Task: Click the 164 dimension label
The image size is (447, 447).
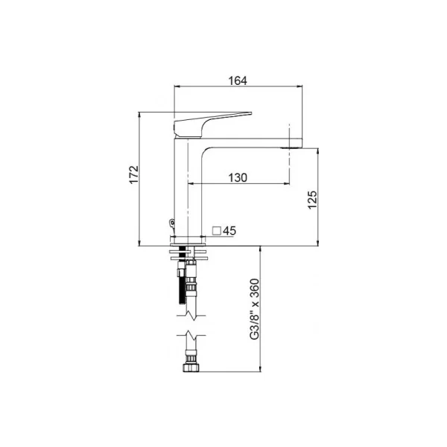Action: click(238, 80)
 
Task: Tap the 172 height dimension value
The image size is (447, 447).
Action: click(133, 174)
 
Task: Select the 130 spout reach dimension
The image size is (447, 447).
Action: click(238, 177)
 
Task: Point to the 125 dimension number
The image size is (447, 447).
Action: click(312, 200)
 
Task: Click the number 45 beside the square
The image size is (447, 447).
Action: click(229, 231)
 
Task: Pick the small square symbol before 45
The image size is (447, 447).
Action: click(217, 231)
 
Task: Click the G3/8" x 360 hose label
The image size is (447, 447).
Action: click(254, 309)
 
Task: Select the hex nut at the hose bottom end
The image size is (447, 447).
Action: click(191, 367)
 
